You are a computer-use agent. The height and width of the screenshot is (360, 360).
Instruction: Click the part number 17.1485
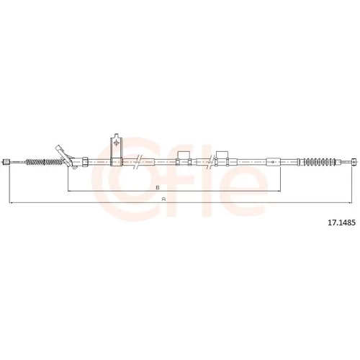coord(341,222)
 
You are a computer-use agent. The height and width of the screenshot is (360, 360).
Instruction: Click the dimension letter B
coord(158,188)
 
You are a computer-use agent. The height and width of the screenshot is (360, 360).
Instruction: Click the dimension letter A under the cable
coord(164,199)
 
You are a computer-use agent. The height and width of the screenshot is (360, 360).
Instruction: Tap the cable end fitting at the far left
coord(6,161)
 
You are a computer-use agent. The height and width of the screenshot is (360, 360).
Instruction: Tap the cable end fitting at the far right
coord(354,161)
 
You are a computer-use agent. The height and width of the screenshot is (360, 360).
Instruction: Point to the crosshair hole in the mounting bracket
coord(117,143)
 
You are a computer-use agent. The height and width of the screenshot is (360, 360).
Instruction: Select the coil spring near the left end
coord(45,162)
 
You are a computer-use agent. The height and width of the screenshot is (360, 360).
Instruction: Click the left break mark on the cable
coord(138,162)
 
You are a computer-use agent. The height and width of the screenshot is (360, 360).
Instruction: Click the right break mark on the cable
coord(211,162)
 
